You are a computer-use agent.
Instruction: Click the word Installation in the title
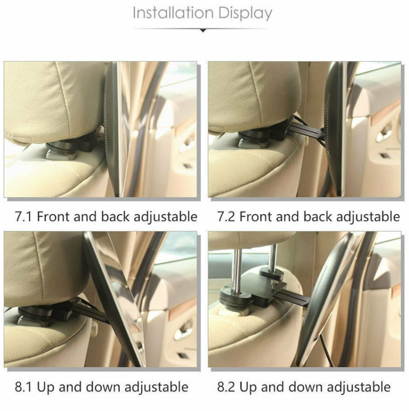pos(173,13)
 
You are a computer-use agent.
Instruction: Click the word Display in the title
pos(245,13)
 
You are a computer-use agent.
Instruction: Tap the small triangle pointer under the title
pos(203,31)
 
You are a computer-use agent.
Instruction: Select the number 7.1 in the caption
pos(23,217)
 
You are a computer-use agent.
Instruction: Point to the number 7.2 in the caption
pos(226,217)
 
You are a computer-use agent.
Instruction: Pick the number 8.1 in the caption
pos(23,387)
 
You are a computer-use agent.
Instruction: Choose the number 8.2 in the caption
pos(226,387)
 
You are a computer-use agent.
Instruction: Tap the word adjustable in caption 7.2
pos(368,217)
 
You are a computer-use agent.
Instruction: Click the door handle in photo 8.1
pos(184,330)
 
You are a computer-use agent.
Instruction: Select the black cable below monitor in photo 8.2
pos(327,352)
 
